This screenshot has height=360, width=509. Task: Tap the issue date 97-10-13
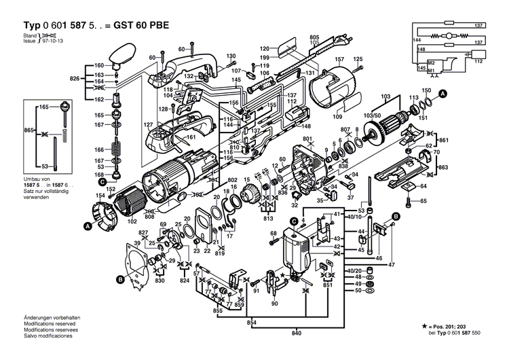coord(52,41)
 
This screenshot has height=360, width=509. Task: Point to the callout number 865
coord(29,130)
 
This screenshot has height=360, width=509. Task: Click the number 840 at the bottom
coord(296,334)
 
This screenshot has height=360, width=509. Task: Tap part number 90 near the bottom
coord(274,304)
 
